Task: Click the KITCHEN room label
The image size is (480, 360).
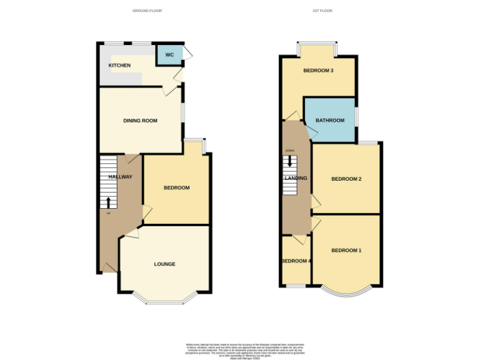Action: pos(119,66)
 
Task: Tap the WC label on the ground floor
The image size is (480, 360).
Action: pos(169,55)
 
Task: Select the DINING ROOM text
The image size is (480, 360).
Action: pos(140,121)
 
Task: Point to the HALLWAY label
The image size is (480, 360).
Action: pos(121,177)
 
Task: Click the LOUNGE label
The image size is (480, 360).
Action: pos(165,264)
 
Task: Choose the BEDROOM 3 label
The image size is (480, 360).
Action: pos(318,71)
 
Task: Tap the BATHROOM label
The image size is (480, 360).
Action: pos(329,121)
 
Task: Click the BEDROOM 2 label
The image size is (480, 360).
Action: pos(346,179)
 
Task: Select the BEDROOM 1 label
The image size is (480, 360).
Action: pos(346,251)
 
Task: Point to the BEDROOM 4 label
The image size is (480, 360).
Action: pos(296,261)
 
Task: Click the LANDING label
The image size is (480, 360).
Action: pos(296,178)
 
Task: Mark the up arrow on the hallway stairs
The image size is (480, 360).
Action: pos(108,202)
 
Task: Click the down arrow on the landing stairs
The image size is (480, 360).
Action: pos(289,161)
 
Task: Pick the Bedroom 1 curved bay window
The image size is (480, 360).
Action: pos(346,291)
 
